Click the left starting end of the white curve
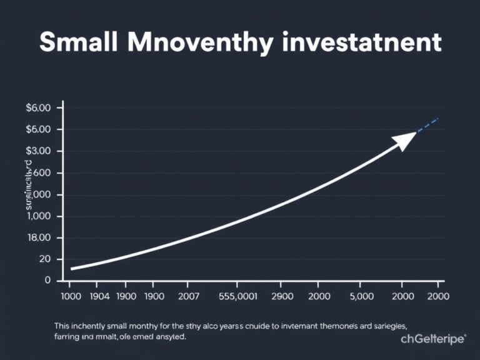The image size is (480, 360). click(72, 269)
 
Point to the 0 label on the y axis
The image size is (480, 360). click(47, 281)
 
